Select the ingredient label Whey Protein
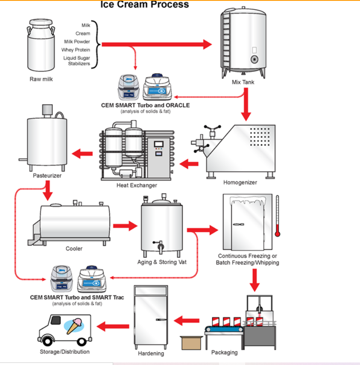click(76, 50)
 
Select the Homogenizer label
click(240, 182)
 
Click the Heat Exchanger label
click(137, 185)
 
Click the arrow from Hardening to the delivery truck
click(113, 327)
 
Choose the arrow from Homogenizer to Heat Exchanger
click(189, 163)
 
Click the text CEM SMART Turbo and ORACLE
click(145, 105)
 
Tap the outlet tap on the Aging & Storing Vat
click(159, 246)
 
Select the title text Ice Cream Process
click(144, 5)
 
